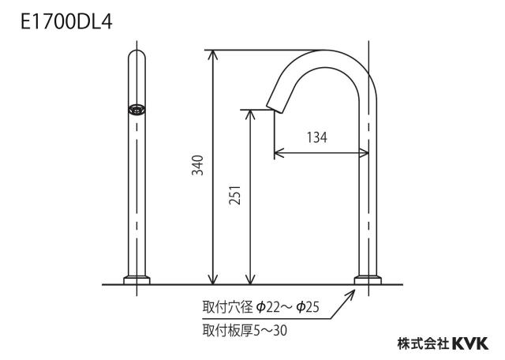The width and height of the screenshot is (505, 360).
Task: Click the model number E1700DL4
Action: [x=66, y=22]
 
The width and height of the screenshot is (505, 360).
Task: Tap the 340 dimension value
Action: [x=198, y=165]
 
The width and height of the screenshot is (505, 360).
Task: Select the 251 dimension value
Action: [x=235, y=195]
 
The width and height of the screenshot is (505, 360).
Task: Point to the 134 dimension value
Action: [x=317, y=137]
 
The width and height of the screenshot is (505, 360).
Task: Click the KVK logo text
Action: [x=470, y=343]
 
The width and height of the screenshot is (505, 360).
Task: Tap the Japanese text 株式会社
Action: [x=423, y=343]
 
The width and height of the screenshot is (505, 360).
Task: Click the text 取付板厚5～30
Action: [x=245, y=330]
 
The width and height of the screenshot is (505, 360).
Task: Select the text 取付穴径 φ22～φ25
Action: [x=261, y=307]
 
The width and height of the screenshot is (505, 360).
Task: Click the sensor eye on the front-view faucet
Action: [x=137, y=110]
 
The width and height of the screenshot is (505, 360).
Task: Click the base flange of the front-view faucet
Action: [x=137, y=279]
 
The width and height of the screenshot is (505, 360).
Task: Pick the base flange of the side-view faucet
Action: [x=368, y=279]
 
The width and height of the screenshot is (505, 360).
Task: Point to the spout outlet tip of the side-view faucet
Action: [x=274, y=109]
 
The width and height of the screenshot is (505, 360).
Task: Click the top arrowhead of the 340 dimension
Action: [x=212, y=54]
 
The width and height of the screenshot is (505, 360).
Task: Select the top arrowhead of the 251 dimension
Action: [x=250, y=114]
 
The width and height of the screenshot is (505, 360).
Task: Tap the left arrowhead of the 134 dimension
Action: [x=278, y=153]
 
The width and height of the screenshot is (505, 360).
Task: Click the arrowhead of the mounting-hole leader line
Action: [x=352, y=293]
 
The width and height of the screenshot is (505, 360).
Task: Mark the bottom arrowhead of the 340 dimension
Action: [x=212, y=280]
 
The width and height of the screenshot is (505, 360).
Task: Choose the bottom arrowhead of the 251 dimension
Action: [x=250, y=280]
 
